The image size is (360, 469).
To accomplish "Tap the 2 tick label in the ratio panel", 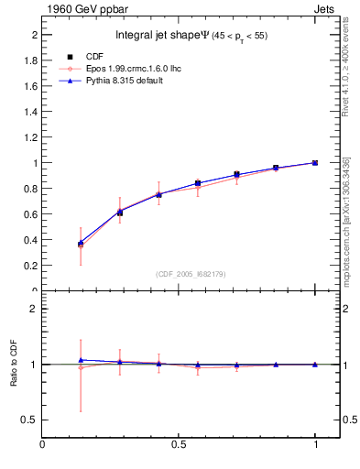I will (33, 309).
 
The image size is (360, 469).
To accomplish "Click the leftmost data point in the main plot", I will (81, 245).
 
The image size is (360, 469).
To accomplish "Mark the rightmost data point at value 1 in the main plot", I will (315, 163).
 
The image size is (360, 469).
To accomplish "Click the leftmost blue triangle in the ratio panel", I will (81, 360).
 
